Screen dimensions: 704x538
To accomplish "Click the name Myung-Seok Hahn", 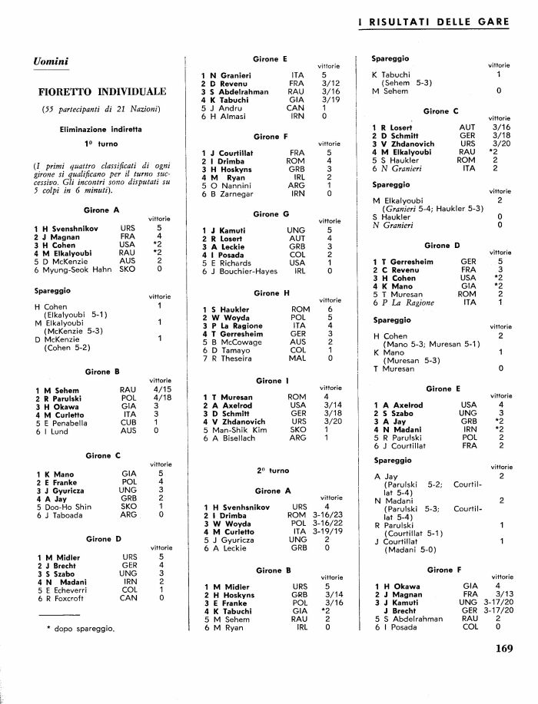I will click(x=80, y=269).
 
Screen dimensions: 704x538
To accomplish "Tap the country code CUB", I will click(x=128, y=422).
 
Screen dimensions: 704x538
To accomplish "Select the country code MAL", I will click(x=297, y=358).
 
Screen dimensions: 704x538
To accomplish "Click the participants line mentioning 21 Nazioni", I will click(x=101, y=110).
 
